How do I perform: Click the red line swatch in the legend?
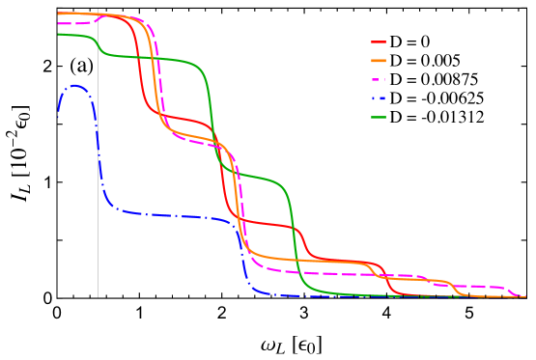point(379,42)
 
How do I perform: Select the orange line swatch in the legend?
point(379,61)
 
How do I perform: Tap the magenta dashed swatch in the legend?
point(379,79)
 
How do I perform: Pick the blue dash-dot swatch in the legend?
point(379,98)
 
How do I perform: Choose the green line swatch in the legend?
point(379,118)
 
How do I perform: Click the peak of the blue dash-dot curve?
point(74,86)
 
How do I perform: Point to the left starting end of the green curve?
point(58,35)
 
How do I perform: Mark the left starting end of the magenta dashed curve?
point(58,23)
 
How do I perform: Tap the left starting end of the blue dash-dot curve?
point(58,116)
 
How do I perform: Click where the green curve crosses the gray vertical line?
point(98,44)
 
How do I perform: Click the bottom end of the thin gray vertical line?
point(98,296)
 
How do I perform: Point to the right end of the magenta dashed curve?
point(524,296)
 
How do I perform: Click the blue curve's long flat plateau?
point(174,215)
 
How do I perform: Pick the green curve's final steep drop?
point(294,241)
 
